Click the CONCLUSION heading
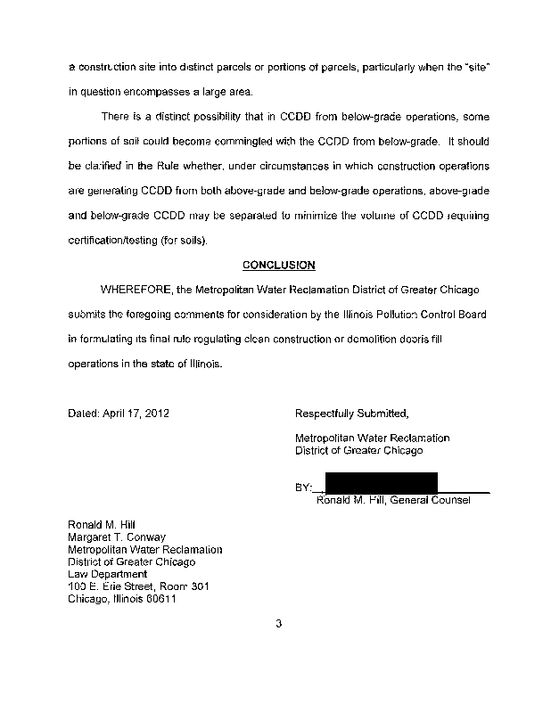278,265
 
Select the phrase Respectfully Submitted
351,414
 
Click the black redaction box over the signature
381,482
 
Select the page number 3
278,623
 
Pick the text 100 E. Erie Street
112,586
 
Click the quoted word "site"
473,68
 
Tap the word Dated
84,414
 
